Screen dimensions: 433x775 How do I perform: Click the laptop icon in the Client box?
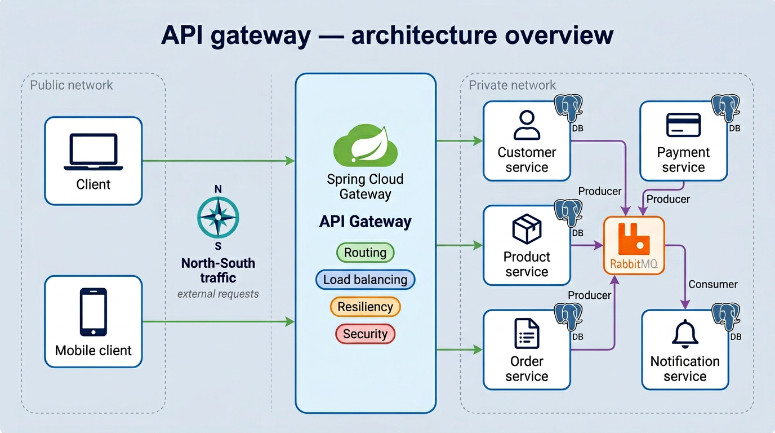pos(93,152)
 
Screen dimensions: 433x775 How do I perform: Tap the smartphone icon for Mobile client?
pos(93,312)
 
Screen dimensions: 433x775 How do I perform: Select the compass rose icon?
pos(218,218)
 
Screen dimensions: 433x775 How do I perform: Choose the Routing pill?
pos(365,253)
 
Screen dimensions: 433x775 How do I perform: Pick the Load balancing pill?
pos(365,280)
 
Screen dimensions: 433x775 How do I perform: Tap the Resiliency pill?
pos(365,307)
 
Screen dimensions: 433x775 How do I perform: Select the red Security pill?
pos(365,334)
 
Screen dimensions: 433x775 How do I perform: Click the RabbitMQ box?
pos(634,245)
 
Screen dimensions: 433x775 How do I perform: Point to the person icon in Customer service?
pos(527,125)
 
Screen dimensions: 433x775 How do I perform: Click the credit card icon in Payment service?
pos(683,125)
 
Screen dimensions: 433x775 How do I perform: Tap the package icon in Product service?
pos(527,229)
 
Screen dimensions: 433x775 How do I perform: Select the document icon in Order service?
pos(527,333)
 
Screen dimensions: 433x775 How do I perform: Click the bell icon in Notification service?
pos(685,333)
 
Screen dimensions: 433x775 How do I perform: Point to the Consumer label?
pos(712,284)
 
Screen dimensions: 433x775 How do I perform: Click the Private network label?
pos(512,85)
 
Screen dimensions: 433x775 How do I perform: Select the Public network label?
pos(72,85)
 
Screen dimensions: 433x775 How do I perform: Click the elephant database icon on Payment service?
pos(726,109)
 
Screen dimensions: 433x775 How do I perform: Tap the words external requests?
pos(218,294)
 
